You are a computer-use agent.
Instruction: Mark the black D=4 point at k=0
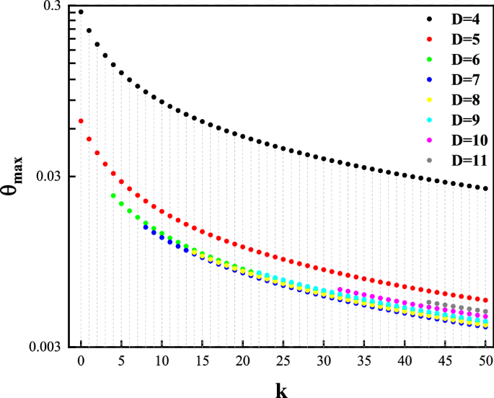pos(81,12)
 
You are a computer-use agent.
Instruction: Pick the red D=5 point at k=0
pos(81,121)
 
